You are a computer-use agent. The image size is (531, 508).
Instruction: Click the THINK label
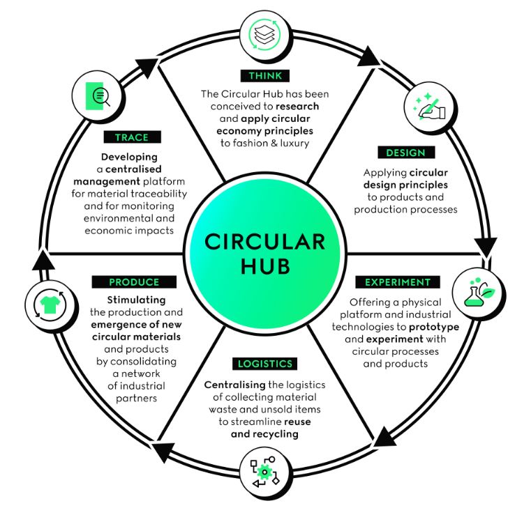[264, 75]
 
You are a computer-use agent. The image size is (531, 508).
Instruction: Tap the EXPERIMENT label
[398, 282]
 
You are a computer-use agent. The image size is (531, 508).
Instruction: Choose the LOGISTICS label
[264, 364]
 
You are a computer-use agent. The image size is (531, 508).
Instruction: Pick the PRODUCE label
[134, 282]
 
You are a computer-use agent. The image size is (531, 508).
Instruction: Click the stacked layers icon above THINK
[263, 33]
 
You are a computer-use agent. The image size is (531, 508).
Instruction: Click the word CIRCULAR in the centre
[264, 242]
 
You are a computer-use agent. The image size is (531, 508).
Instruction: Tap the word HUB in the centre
[264, 268]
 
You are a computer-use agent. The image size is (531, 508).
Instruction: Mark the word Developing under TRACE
[129, 157]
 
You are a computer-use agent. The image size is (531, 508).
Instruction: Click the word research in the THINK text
[297, 106]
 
